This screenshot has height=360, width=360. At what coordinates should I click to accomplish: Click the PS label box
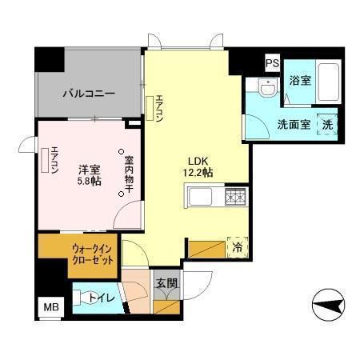[x=272, y=63]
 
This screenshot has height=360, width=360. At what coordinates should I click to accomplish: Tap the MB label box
[x=51, y=307]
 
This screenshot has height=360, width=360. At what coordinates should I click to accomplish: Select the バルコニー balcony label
[x=89, y=94]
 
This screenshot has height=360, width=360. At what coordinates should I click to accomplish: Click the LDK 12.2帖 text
[x=198, y=167]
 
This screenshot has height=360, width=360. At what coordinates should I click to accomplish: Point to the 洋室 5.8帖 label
[x=89, y=175]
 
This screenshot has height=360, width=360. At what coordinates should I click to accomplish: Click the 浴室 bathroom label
[x=300, y=80]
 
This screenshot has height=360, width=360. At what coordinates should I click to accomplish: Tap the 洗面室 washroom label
[x=294, y=124]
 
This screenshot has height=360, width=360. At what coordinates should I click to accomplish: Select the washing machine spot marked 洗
[x=327, y=124]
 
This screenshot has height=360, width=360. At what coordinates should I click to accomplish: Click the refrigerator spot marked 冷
[x=238, y=247]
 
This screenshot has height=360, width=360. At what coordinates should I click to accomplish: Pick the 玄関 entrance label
[x=166, y=283]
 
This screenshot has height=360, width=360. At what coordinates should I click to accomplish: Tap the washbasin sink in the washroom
[x=269, y=87]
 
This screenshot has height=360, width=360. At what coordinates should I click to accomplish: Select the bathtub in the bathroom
[x=328, y=82]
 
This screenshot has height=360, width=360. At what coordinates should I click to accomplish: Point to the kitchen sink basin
[x=200, y=197]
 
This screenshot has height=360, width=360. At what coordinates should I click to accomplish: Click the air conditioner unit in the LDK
[x=150, y=108]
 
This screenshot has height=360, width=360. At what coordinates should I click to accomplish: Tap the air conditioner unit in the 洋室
[x=45, y=161]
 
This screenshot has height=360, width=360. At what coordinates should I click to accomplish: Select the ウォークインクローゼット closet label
[x=92, y=255]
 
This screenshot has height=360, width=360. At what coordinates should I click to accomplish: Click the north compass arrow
[x=328, y=304]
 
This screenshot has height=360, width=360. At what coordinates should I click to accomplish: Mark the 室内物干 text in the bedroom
[x=129, y=174]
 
